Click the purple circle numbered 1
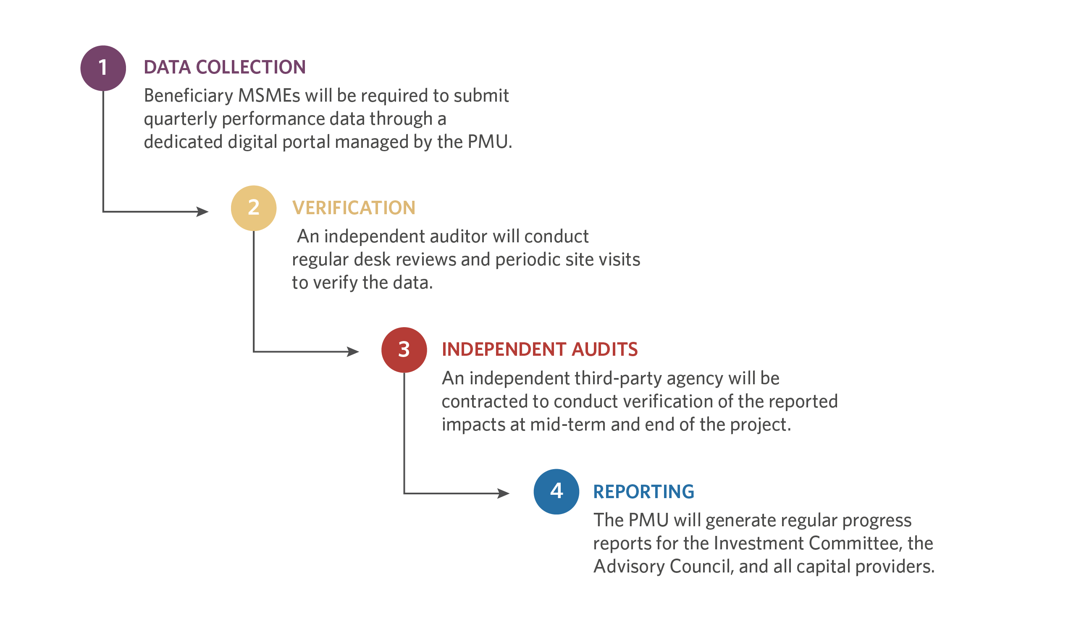[x=103, y=68]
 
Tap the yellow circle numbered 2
[x=254, y=208]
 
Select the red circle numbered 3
[x=404, y=350]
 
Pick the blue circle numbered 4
[x=556, y=492]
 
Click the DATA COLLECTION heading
[x=225, y=67]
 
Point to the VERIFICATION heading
[x=354, y=208]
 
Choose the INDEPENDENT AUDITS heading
[x=540, y=349]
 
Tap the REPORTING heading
[x=643, y=492]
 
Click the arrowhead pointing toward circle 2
[x=203, y=212]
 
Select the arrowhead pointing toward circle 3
[x=353, y=352]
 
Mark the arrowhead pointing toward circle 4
[x=504, y=493]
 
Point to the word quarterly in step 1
[x=180, y=119]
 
